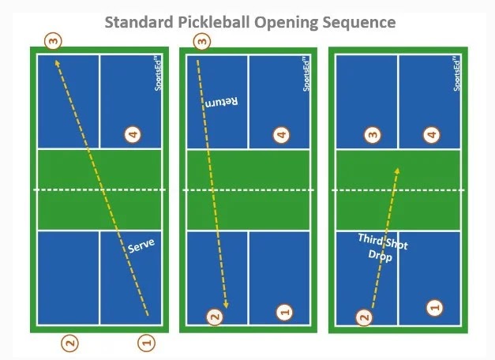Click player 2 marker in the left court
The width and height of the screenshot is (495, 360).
[70, 343]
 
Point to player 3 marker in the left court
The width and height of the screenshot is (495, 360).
[53, 40]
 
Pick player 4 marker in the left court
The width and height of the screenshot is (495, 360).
[133, 135]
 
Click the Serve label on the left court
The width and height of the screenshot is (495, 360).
[141, 246]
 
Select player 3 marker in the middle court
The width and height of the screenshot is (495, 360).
[202, 40]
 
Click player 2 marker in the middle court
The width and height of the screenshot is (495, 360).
[212, 317]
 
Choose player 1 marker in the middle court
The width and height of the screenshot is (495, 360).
[285, 313]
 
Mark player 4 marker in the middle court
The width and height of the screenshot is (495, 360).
[282, 135]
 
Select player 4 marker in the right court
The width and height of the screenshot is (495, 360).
[431, 135]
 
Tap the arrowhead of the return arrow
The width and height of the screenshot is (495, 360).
[226, 305]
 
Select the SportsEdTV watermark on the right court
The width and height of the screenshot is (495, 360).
[456, 73]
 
